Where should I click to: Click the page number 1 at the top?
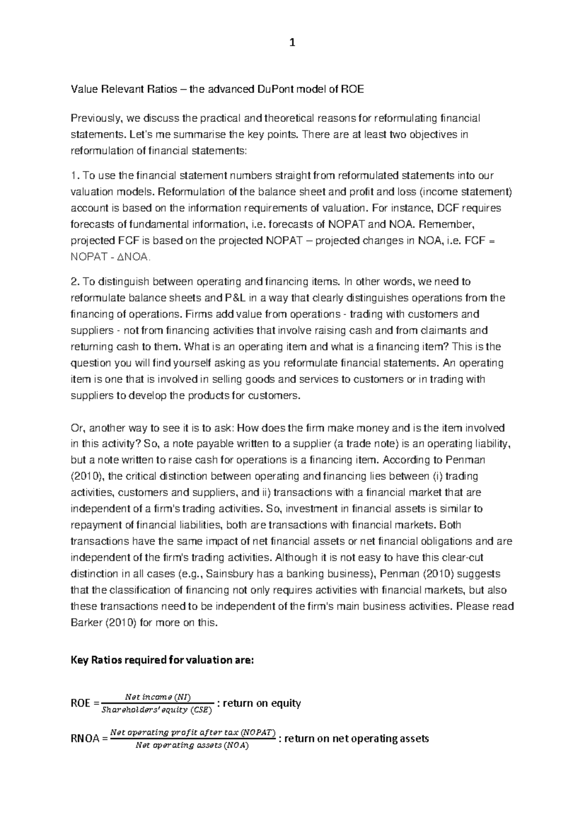pyautogui.click(x=292, y=43)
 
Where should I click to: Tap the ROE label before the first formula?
pyautogui.click(x=81, y=704)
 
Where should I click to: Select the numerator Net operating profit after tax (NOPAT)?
pyautogui.click(x=193, y=732)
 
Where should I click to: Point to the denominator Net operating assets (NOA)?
pyautogui.click(x=192, y=746)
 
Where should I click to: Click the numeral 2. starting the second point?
pyautogui.click(x=75, y=281)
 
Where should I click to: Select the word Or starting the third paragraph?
pyautogui.click(x=77, y=428)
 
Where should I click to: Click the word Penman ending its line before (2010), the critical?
pyautogui.click(x=468, y=460)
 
